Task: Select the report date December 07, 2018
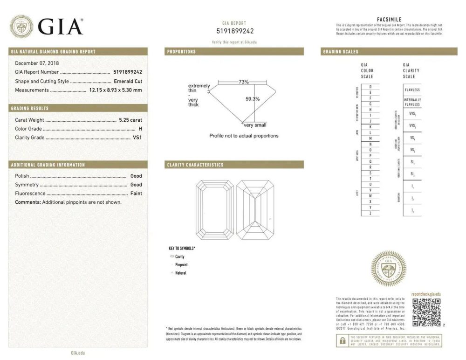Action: pyautogui.click(x=40, y=63)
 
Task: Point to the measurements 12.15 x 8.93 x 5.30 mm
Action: pyautogui.click(x=115, y=90)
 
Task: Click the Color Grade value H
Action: pyautogui.click(x=140, y=129)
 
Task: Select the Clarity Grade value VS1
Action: pyautogui.click(x=137, y=138)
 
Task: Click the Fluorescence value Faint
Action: pyautogui.click(x=136, y=193)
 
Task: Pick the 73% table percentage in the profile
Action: pyautogui.click(x=243, y=82)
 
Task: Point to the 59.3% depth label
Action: pyautogui.click(x=252, y=99)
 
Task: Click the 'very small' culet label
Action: pyautogui.click(x=255, y=125)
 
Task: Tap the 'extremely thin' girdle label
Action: pyautogui.click(x=199, y=88)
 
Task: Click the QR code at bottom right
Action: pyautogui.click(x=426, y=312)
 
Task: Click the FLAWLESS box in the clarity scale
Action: pyautogui.click(x=412, y=90)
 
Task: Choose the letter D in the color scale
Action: pyautogui.click(x=370, y=87)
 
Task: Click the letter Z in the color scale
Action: pyautogui.click(x=370, y=213)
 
